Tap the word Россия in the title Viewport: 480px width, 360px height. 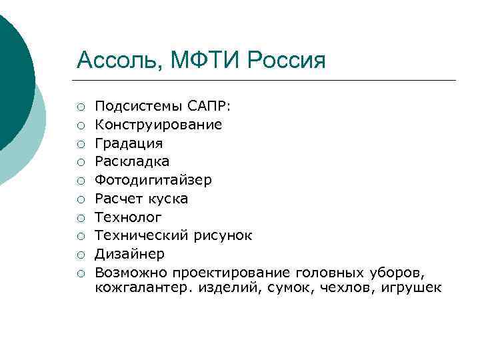pyautogui.click(x=287, y=61)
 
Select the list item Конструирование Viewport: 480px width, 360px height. pyautogui.click(x=159, y=125)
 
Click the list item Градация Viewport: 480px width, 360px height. pyautogui.click(x=129, y=143)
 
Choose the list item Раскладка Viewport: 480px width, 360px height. pyautogui.click(x=132, y=161)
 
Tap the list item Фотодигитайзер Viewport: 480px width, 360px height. pyautogui.click(x=153, y=180)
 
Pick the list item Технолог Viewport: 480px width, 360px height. pyautogui.click(x=129, y=217)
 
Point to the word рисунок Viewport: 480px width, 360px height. pyautogui.click(x=223, y=235)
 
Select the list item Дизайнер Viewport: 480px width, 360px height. pyautogui.click(x=129, y=254)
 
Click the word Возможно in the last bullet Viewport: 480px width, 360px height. pyautogui.click(x=131, y=273)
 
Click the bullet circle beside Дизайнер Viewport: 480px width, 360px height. pyautogui.click(x=80, y=255)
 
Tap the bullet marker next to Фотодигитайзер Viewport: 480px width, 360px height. pyautogui.click(x=80, y=181)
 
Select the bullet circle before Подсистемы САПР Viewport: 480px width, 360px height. pyautogui.click(x=80, y=107)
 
